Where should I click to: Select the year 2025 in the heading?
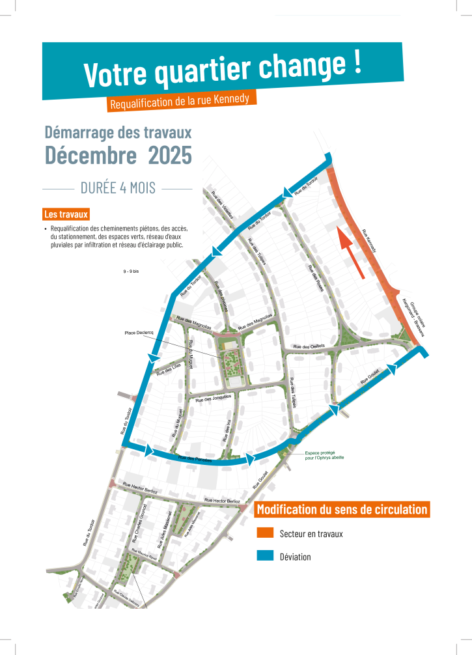[170, 156]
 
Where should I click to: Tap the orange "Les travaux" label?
[66, 214]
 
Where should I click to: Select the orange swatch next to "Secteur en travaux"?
[265, 533]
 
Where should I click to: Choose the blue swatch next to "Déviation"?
[265, 556]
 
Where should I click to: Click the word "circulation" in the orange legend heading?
[394, 509]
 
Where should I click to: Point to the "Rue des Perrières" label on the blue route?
[195, 459]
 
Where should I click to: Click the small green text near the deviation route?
[324, 456]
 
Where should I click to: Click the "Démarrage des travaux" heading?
[118, 132]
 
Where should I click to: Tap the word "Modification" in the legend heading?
[290, 509]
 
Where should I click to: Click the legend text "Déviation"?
[295, 557]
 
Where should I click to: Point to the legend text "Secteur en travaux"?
[311, 534]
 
